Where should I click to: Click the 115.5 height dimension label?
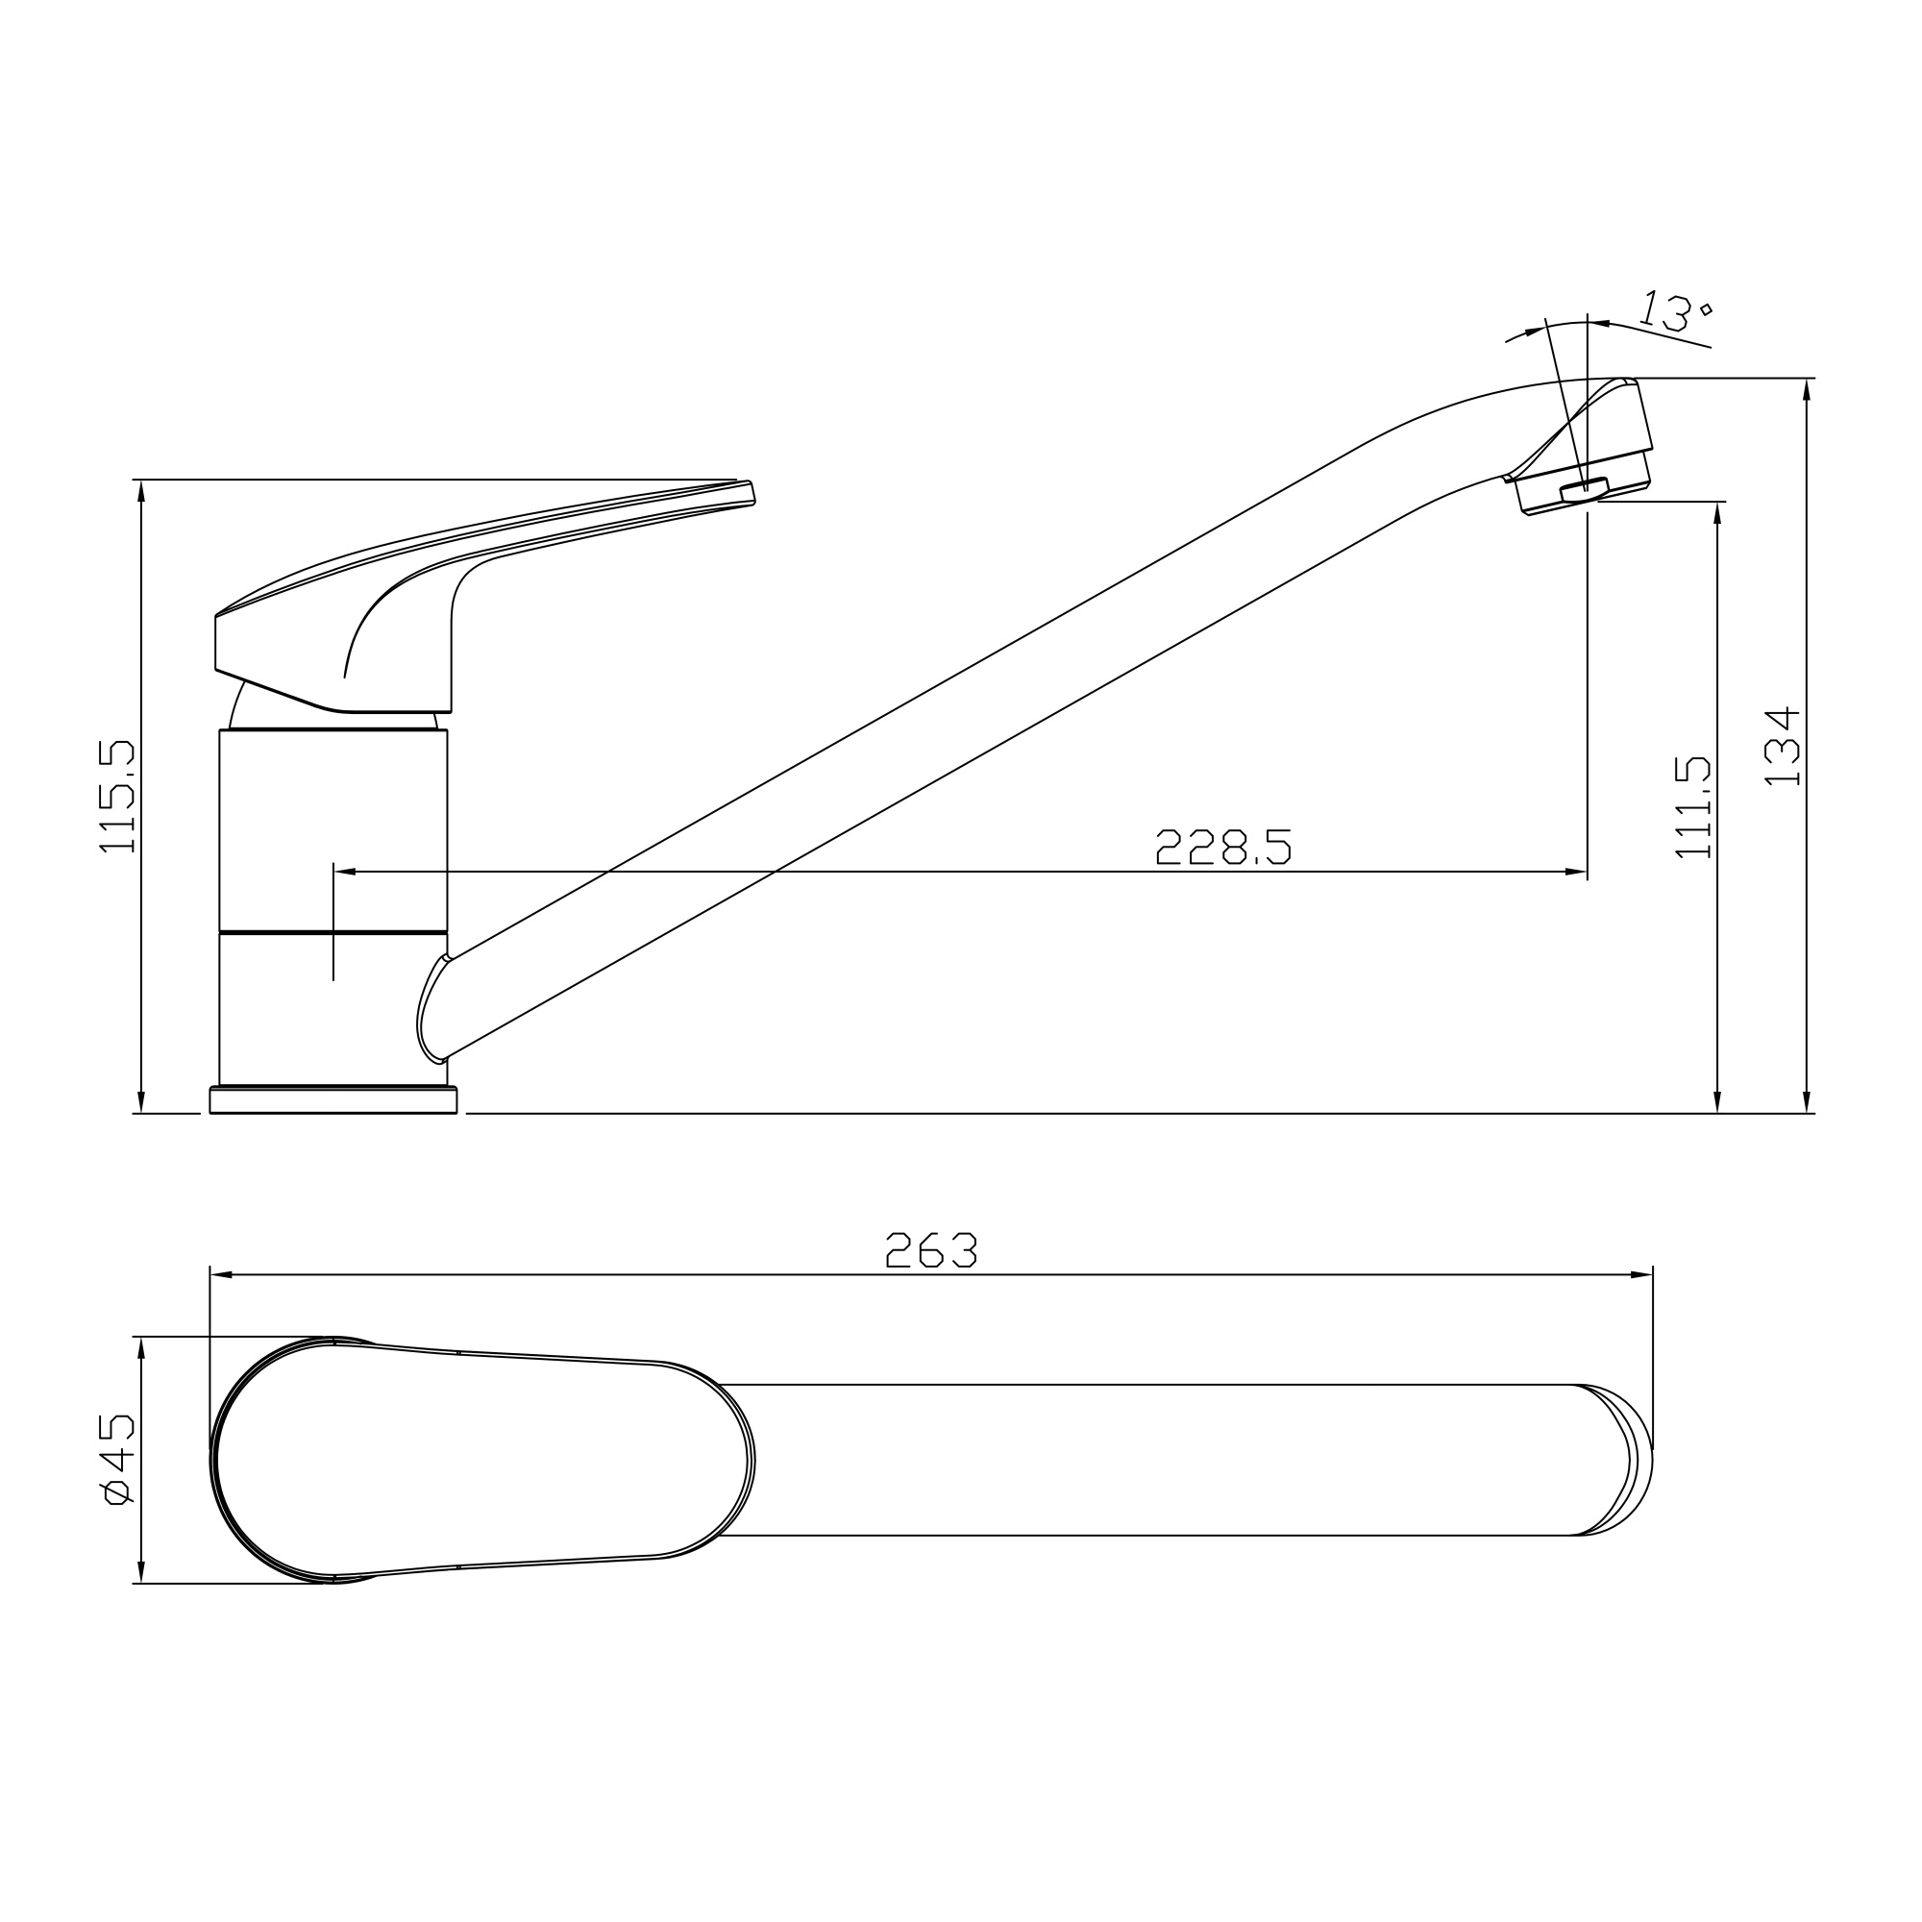(x=116, y=796)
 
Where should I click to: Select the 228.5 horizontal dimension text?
(x=1222, y=847)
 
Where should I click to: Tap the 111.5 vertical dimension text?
(x=1692, y=807)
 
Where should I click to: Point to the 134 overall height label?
(x=1782, y=746)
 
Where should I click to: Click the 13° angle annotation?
(x=1675, y=311)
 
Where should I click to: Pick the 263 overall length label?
(x=930, y=1250)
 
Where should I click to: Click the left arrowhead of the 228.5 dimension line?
(x=344, y=872)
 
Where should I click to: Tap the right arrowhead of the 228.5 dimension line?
(x=1576, y=872)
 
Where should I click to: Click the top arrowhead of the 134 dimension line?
(x=1807, y=389)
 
